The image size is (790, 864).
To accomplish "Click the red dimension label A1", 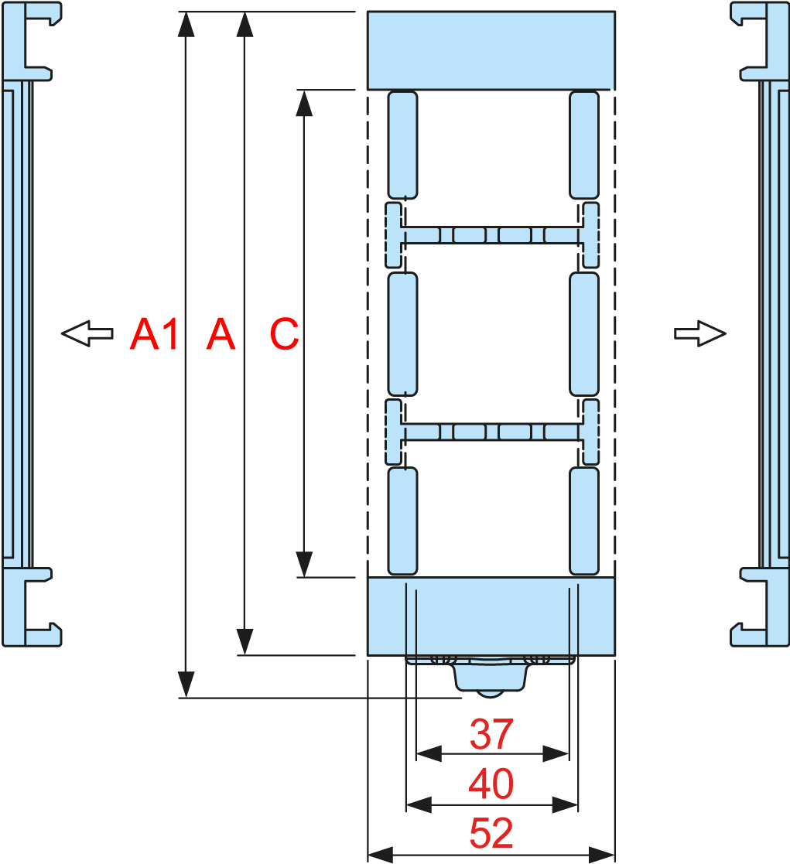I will (154, 334).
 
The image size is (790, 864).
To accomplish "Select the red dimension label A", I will (221, 334).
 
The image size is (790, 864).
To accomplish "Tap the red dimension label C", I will (284, 334).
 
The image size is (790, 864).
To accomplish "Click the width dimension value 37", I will (491, 734).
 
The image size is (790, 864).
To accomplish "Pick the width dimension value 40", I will (491, 785).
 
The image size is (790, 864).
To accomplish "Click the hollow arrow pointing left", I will (87, 333).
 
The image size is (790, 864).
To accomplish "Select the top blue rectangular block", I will (491, 50).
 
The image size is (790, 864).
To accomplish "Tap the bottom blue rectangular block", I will (491, 616).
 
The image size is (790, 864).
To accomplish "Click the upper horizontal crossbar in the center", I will (491, 234).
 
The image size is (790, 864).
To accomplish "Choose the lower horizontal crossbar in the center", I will (491, 432).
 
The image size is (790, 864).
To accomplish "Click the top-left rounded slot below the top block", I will (402, 145).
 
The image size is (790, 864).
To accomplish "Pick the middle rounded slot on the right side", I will (584, 333).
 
